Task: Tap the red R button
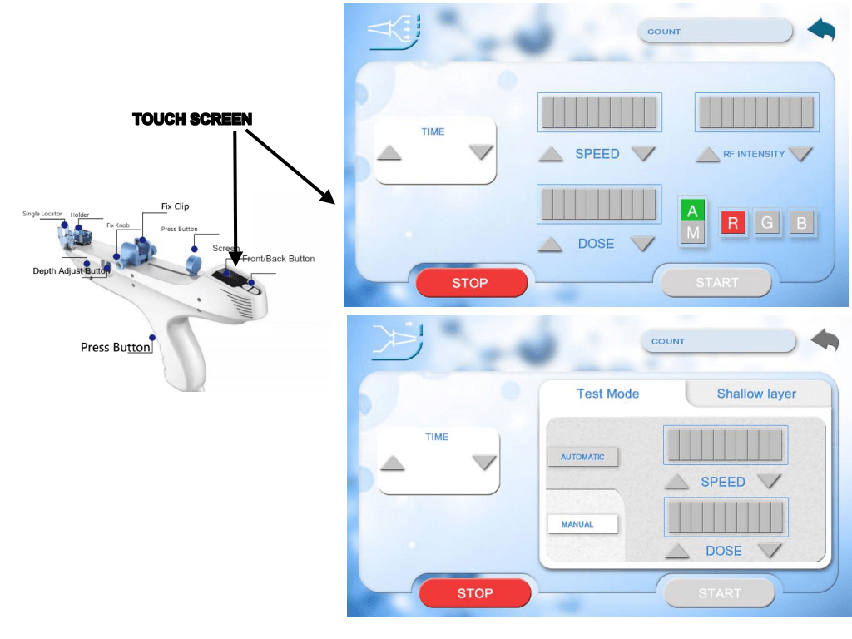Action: [x=733, y=223]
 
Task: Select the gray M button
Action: [x=692, y=234]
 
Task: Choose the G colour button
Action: [x=767, y=223]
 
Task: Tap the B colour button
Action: [x=801, y=223]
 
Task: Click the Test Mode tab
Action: [x=607, y=394]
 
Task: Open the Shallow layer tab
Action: [x=756, y=394]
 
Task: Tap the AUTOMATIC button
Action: [x=582, y=457]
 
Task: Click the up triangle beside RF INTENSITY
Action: [x=707, y=154]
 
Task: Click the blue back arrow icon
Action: [x=821, y=31]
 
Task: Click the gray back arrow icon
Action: [x=824, y=340]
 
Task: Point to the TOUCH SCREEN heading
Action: [x=192, y=120]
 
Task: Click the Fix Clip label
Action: [x=176, y=206]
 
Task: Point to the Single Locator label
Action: [x=42, y=214]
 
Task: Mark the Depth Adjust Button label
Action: [x=71, y=270]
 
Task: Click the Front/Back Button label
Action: [x=279, y=259]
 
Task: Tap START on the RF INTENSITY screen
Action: [x=716, y=283]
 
